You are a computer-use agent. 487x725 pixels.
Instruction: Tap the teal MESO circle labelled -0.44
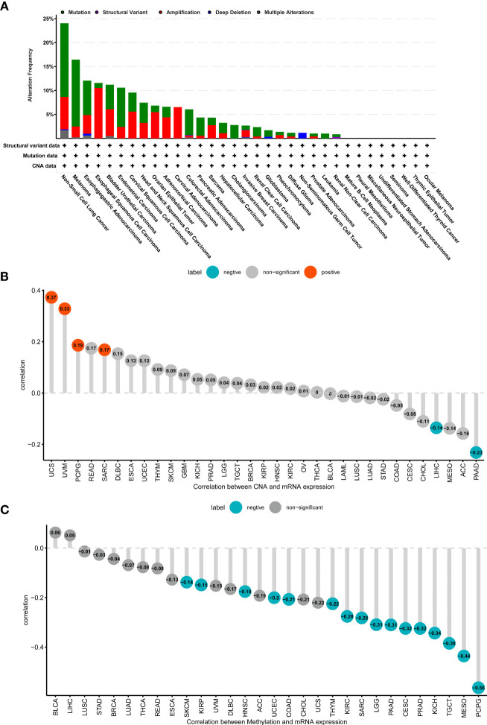[463, 656]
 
